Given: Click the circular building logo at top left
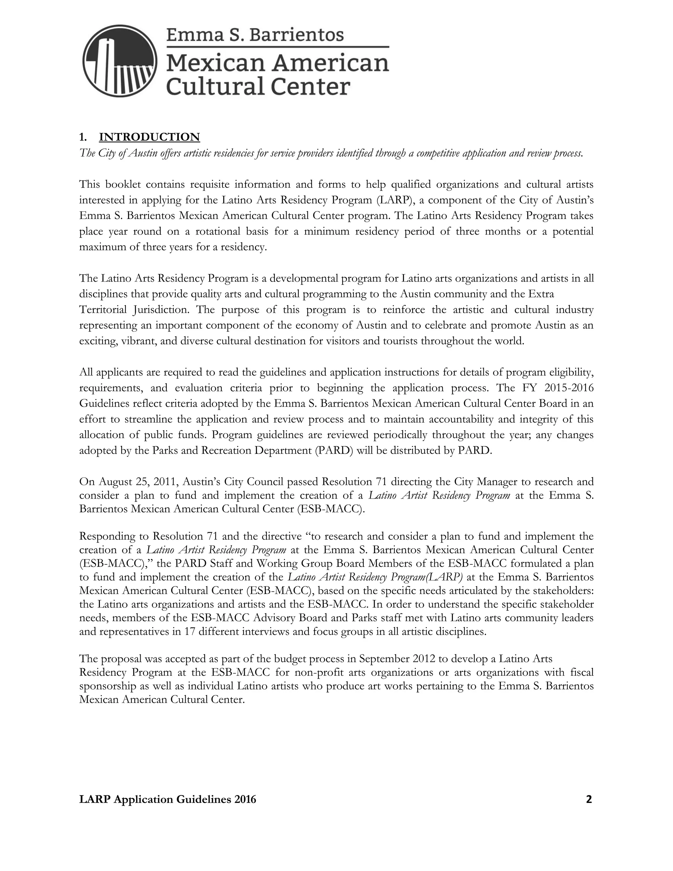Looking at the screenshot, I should coord(120,61).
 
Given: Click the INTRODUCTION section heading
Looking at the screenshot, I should coord(149,137).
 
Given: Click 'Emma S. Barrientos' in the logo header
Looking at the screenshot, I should coord(255,35).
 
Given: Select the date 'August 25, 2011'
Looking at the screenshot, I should coord(129,482).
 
